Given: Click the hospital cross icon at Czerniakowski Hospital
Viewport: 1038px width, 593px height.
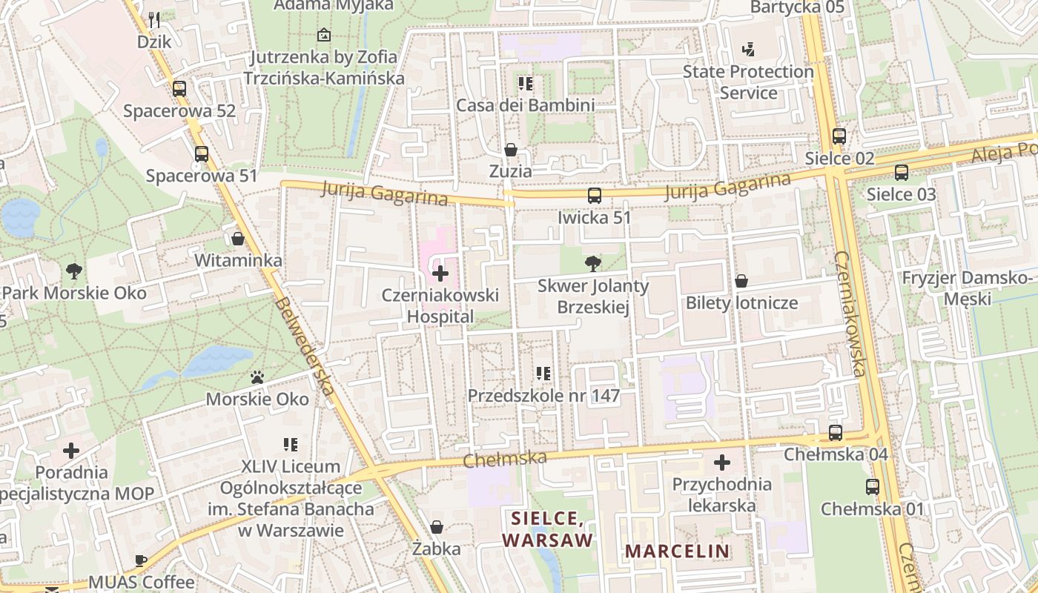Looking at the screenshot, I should pyautogui.click(x=440, y=274).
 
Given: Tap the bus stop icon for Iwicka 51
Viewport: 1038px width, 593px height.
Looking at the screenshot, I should pyautogui.click(x=594, y=196).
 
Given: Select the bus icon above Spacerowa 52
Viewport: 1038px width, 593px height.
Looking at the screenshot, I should pyautogui.click(x=179, y=89).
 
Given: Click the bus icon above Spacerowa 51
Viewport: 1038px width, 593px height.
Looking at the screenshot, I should pyautogui.click(x=202, y=154).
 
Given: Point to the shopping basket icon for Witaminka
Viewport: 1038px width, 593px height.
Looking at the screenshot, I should pyautogui.click(x=238, y=239).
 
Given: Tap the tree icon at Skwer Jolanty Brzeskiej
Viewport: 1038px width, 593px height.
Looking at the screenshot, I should pyautogui.click(x=592, y=263).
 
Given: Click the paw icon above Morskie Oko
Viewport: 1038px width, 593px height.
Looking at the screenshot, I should pyautogui.click(x=257, y=377).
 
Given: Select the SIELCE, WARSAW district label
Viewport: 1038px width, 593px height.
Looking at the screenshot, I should pyautogui.click(x=548, y=529).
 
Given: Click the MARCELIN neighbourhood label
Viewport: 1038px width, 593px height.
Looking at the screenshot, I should pyautogui.click(x=677, y=551).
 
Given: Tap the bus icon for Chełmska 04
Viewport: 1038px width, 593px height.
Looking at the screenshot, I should pyautogui.click(x=836, y=432).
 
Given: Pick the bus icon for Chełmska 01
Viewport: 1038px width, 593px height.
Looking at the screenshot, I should pyautogui.click(x=873, y=487).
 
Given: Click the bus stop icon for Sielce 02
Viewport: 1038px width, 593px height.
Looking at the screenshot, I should pyautogui.click(x=839, y=136).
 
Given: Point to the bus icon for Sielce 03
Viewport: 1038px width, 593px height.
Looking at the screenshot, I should pyautogui.click(x=902, y=173).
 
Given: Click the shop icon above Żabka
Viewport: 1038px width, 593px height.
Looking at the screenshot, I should pyautogui.click(x=437, y=527).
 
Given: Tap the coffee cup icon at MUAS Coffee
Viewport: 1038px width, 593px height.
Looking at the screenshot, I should pyautogui.click(x=141, y=560).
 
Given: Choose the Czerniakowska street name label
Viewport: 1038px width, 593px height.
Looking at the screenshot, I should pyautogui.click(x=850, y=313).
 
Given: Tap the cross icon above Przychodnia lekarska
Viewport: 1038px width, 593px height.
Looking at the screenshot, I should pyautogui.click(x=721, y=463).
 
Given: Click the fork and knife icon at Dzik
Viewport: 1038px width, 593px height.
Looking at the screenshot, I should pyautogui.click(x=154, y=19).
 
